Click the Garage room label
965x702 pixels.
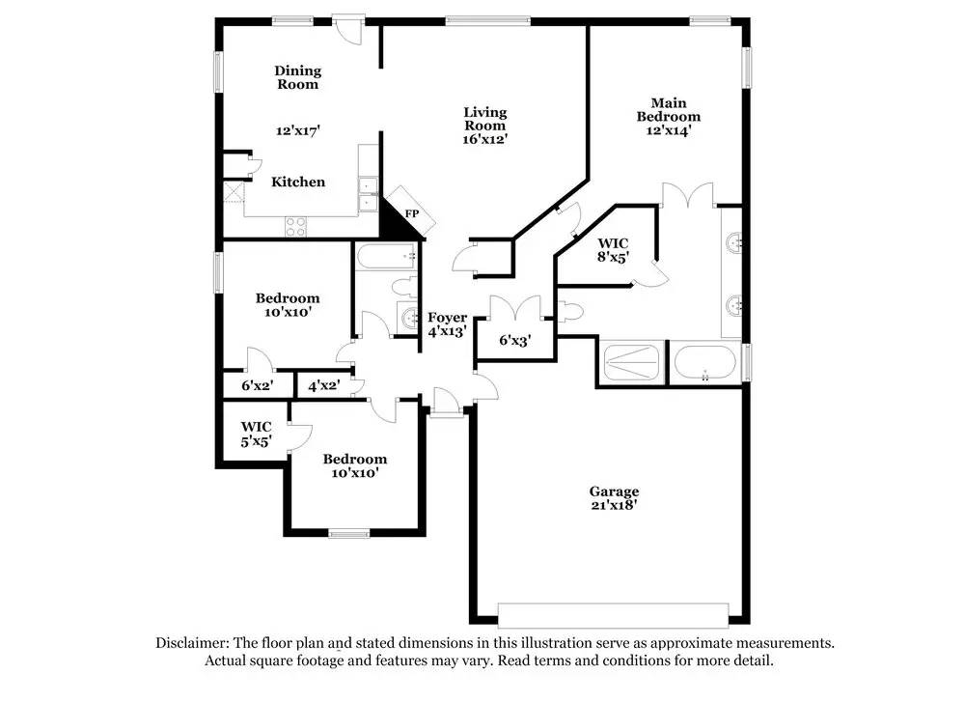[x=615, y=491]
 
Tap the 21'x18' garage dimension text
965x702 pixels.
[x=615, y=505]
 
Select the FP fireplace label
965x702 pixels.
[x=411, y=213]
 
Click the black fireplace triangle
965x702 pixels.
[x=397, y=221]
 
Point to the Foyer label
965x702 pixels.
[x=448, y=317]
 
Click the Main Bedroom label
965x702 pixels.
[x=668, y=109]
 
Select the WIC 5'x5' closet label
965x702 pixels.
[x=257, y=433]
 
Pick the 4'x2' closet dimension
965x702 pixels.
[x=323, y=385]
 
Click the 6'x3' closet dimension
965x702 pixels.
[x=514, y=340]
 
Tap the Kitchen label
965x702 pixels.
[x=298, y=182]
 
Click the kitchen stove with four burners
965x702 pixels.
[x=296, y=227]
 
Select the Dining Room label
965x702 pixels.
[x=297, y=77]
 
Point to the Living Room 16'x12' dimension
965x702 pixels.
[x=484, y=139]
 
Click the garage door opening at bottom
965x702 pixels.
[x=613, y=615]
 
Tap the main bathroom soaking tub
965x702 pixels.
[x=707, y=363]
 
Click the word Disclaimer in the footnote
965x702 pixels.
[x=191, y=642]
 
